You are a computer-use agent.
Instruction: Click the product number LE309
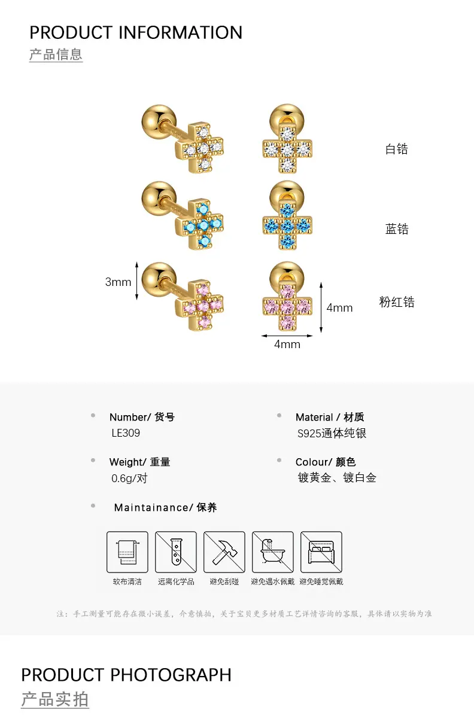pyautogui.click(x=126, y=433)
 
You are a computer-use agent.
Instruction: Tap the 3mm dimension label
pyautogui.click(x=118, y=282)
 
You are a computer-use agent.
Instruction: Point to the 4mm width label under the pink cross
pyautogui.click(x=287, y=344)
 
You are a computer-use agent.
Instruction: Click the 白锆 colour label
pyautogui.click(x=397, y=149)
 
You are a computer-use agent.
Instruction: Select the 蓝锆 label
pyautogui.click(x=397, y=229)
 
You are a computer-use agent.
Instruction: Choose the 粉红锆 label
pyautogui.click(x=397, y=302)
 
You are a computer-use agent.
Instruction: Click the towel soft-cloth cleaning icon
pyautogui.click(x=127, y=552)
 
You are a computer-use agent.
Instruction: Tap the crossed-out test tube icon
pyautogui.click(x=176, y=552)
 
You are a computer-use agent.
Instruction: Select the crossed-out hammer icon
pyautogui.click(x=224, y=552)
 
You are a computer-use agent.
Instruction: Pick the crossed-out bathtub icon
pyautogui.click(x=273, y=552)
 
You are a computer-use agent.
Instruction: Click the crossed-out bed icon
pyautogui.click(x=321, y=552)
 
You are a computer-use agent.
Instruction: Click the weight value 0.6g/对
pyautogui.click(x=129, y=479)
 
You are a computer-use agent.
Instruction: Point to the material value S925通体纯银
pyautogui.click(x=332, y=433)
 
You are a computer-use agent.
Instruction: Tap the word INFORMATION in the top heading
pyautogui.click(x=181, y=32)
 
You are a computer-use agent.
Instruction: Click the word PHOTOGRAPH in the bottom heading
pyautogui.click(x=171, y=675)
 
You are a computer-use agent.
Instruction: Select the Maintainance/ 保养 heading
pyautogui.click(x=165, y=507)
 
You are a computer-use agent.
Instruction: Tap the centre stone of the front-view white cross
pyautogui.click(x=287, y=150)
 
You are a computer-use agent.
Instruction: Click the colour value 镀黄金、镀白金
pyautogui.click(x=337, y=478)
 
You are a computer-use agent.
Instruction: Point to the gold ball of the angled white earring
pyautogui.click(x=159, y=121)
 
